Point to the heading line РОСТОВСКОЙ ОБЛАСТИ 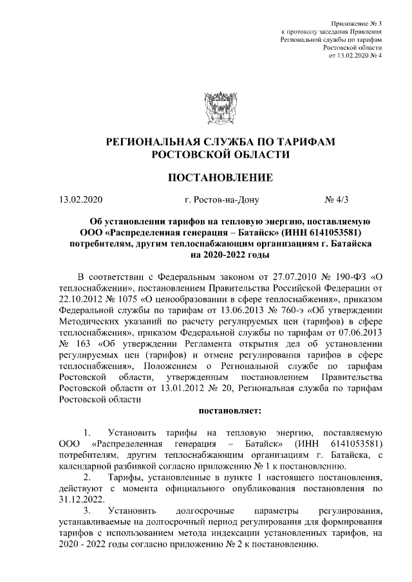tap(220, 154)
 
